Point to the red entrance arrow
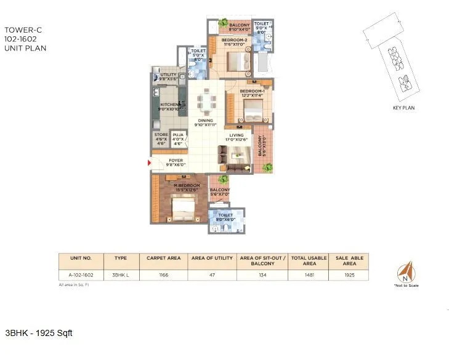click(148, 163)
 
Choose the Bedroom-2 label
click(234, 42)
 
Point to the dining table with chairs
click(206, 100)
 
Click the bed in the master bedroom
click(183, 212)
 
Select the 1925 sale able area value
click(350, 276)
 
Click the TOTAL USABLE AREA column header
click(307, 260)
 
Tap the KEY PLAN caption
click(403, 108)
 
